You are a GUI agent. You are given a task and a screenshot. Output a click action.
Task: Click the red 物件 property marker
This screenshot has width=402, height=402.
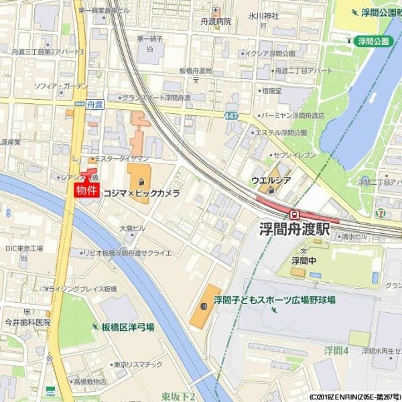click(87, 190)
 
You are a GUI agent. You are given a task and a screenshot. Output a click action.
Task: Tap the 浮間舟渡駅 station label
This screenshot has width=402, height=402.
click(295, 229)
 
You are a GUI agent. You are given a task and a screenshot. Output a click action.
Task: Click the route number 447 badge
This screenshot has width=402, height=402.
click(231, 115)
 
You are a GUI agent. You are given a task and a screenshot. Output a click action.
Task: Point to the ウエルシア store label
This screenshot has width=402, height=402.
click(271, 180)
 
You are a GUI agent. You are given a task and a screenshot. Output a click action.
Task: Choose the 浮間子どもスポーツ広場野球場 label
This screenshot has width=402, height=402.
click(275, 300)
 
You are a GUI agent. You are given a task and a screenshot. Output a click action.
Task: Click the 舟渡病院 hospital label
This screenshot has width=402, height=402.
click(215, 21)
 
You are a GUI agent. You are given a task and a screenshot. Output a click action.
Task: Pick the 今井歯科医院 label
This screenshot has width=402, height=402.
click(27, 322)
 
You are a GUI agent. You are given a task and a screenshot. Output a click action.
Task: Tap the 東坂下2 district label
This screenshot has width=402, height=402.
click(178, 397)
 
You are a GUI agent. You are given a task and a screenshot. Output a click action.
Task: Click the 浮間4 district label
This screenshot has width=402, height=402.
click(336, 350)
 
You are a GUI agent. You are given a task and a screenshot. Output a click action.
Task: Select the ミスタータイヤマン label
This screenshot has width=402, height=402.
click(121, 159)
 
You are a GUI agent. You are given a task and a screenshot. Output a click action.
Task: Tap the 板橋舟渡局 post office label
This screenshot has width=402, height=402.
click(196, 70)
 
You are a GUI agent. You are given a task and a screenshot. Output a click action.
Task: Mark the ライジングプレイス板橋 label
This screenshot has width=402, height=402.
click(83, 288)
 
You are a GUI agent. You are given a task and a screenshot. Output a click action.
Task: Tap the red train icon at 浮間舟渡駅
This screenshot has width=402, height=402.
click(294, 214)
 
